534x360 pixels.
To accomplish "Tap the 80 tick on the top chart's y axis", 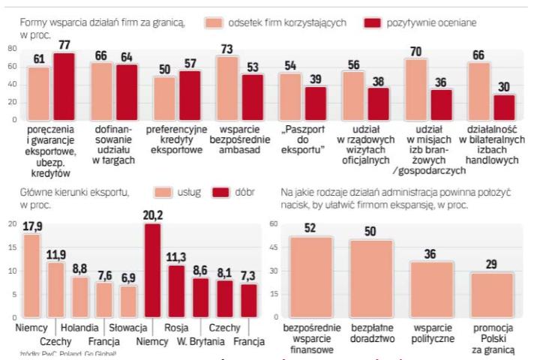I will (x=11, y=49).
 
